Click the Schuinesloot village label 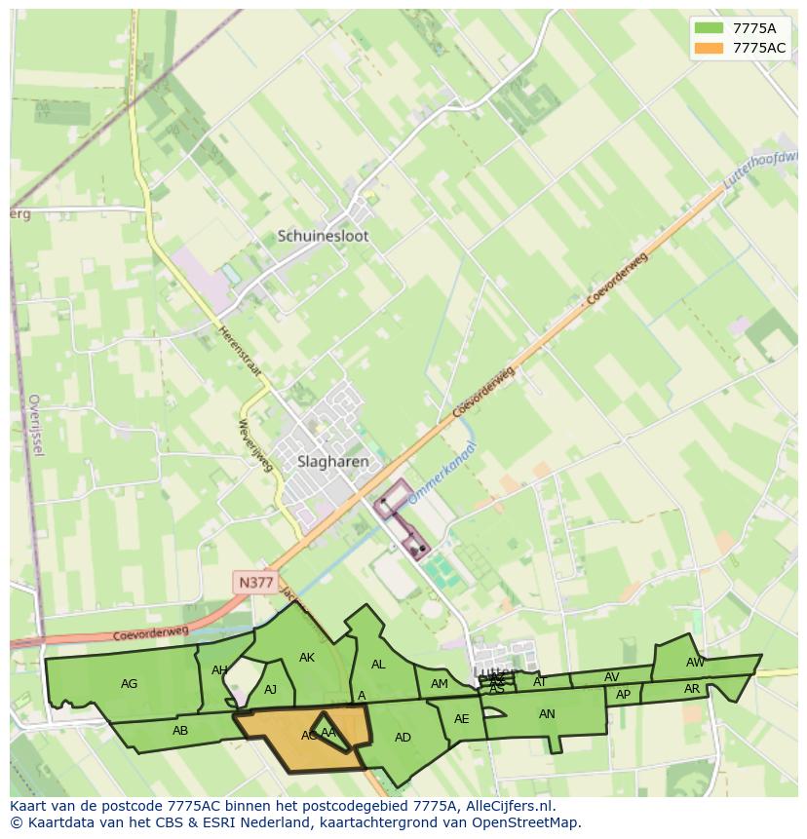[x=323, y=236]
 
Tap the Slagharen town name [x=320, y=462]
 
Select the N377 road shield [x=255, y=583]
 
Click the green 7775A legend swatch [x=709, y=27]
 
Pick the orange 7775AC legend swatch [x=709, y=48]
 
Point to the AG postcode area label [x=129, y=684]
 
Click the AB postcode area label [x=180, y=731]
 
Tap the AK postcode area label [x=307, y=658]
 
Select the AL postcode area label [x=378, y=665]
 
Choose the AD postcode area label [x=403, y=738]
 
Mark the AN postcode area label [x=547, y=714]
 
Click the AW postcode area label [x=695, y=663]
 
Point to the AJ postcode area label [x=271, y=690]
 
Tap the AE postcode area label [x=462, y=719]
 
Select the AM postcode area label [x=440, y=684]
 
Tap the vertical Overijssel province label [x=36, y=425]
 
